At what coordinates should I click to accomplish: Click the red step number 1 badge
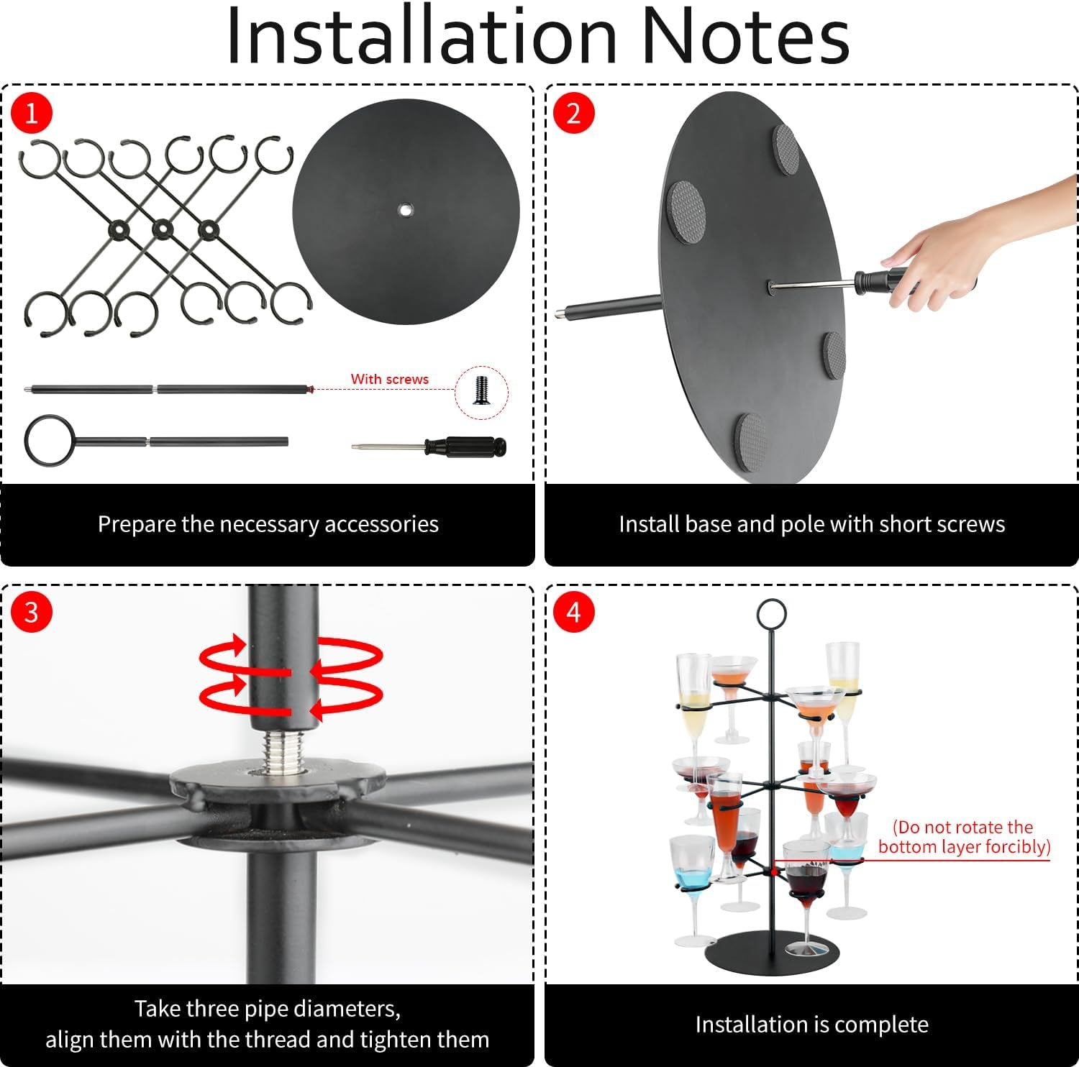click(x=32, y=113)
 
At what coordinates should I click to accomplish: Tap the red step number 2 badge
click(x=573, y=113)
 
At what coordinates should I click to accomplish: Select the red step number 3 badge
click(x=32, y=612)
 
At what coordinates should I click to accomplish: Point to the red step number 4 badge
click(x=573, y=612)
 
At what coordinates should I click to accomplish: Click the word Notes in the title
click(x=745, y=36)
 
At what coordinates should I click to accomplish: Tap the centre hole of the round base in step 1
click(x=406, y=210)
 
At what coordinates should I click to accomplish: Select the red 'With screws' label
click(x=390, y=379)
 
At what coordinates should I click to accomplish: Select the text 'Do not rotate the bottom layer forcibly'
click(x=964, y=837)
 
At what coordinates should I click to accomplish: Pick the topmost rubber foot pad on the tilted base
click(x=786, y=147)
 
